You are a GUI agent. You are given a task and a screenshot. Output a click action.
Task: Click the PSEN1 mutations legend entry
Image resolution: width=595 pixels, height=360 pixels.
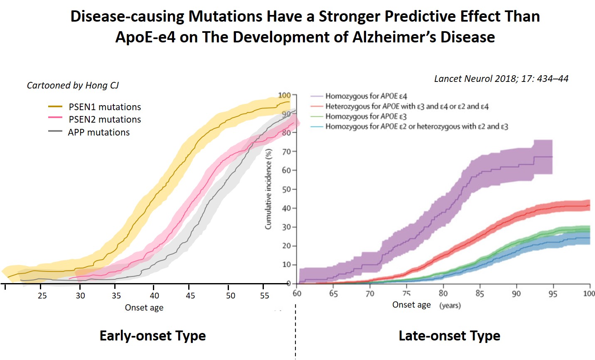[105, 107]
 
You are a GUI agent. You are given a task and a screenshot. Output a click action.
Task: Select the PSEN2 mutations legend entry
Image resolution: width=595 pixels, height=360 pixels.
[105, 120]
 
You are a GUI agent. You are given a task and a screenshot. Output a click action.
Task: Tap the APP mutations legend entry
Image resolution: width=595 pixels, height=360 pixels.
[99, 133]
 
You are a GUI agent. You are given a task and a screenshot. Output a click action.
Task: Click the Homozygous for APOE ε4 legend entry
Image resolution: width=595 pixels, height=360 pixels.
[366, 96]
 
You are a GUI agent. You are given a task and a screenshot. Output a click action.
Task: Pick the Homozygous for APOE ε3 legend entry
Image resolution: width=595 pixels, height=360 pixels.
[366, 116]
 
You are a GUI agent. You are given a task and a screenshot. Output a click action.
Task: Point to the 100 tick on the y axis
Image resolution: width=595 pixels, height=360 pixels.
[284, 95]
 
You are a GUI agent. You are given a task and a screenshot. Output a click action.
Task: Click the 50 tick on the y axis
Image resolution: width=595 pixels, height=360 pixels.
[286, 190]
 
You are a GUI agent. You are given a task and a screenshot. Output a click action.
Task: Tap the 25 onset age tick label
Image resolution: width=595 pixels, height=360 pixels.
[42, 296]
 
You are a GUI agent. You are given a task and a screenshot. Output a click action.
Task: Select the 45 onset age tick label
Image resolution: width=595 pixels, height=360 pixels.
[190, 296]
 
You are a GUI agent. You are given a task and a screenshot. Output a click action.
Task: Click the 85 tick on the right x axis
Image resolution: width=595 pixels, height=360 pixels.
[479, 293]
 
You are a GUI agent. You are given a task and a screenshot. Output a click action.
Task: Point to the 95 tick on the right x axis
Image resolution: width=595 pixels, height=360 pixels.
[553, 293]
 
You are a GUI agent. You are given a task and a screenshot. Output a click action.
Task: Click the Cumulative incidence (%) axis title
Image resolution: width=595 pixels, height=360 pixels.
[268, 189]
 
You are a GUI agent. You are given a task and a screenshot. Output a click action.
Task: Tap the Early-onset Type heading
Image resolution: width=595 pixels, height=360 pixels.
[152, 336]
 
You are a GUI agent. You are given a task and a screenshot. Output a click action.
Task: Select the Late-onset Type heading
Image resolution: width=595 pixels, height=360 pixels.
[449, 336]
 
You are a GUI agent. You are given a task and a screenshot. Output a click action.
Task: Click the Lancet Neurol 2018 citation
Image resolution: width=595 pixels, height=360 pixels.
[501, 79]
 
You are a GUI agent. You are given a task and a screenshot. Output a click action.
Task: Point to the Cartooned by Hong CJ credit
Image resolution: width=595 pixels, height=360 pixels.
[73, 85]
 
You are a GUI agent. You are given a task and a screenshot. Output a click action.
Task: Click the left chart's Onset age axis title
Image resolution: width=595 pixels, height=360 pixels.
[144, 308]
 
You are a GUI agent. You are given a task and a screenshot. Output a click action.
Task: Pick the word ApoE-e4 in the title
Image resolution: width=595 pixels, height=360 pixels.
[145, 37]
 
